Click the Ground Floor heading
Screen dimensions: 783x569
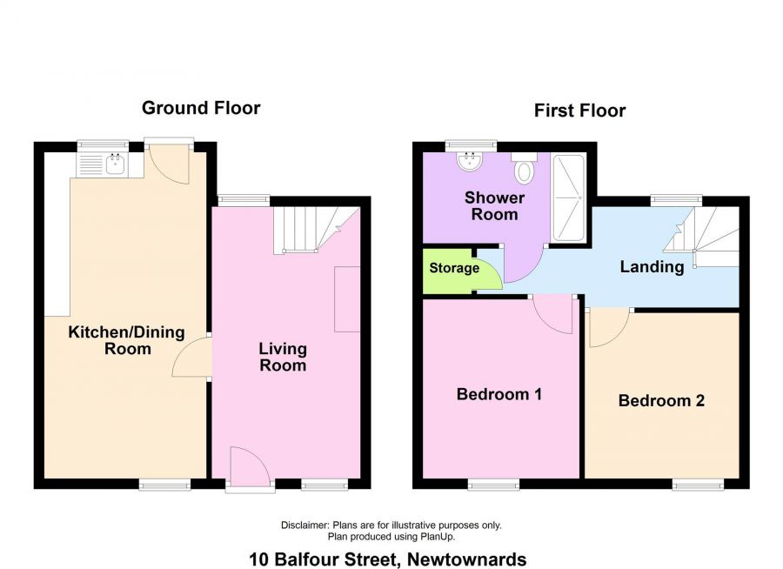(201, 108)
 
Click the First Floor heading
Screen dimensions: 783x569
(579, 110)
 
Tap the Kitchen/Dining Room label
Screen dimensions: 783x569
(127, 340)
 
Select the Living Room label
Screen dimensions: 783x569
(283, 357)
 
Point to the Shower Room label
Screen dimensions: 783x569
(494, 206)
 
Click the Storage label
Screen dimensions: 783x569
(454, 268)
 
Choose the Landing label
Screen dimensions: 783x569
(652, 267)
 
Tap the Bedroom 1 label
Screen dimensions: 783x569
(499, 394)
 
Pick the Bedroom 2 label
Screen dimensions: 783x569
(661, 400)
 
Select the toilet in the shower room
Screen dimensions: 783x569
(524, 169)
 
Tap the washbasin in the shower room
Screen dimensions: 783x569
(470, 161)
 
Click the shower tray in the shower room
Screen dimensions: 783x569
(569, 197)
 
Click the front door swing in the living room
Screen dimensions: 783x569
(251, 465)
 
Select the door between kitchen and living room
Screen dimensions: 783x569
(191, 357)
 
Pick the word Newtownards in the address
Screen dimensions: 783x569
(467, 559)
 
